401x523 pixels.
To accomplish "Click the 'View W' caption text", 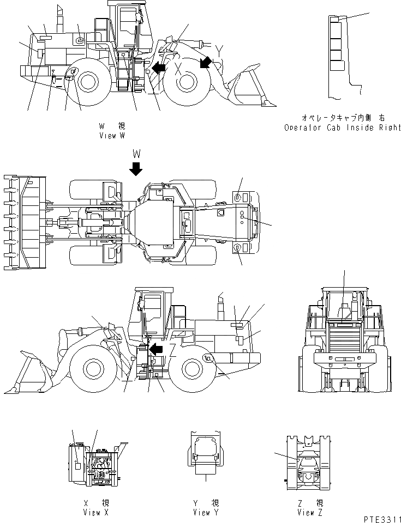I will pyautogui.click(x=115, y=136).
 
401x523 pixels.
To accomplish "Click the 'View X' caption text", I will pyautogui.click(x=92, y=512).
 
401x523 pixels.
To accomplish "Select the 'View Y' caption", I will pyautogui.click(x=205, y=512).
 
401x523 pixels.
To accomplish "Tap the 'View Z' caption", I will pyautogui.click(x=310, y=512).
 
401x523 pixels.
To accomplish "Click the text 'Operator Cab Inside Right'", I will pyautogui.click(x=342, y=127).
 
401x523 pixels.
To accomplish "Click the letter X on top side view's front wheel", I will pyautogui.click(x=178, y=69).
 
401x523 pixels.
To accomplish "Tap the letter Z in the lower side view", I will pyautogui.click(x=173, y=354).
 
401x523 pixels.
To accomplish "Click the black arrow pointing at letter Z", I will pyautogui.click(x=157, y=349).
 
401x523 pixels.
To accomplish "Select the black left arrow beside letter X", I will pyautogui.click(x=159, y=68).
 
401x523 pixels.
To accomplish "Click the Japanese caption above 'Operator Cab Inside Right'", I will pyautogui.click(x=342, y=118).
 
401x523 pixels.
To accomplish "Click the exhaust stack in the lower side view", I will pyautogui.click(x=221, y=308).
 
